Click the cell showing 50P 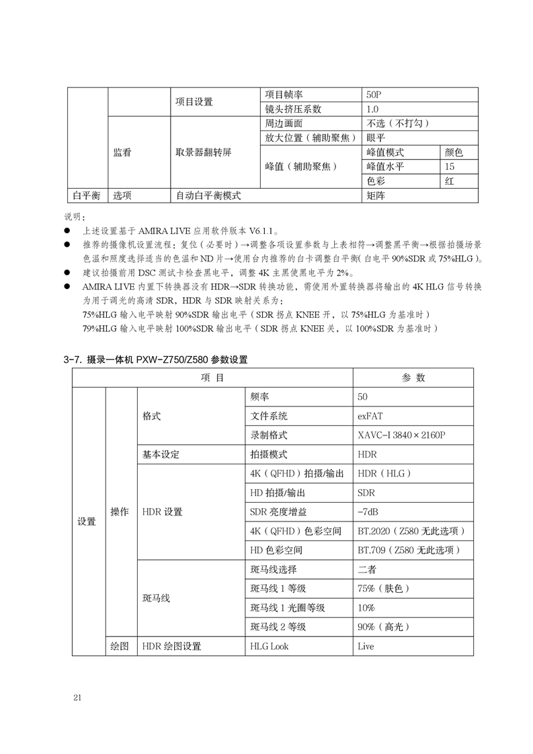click(374, 95)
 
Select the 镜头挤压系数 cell click(293, 109)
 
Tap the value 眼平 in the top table click(376, 138)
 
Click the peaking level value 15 click(450, 167)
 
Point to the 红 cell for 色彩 click(450, 181)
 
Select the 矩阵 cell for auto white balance click(376, 196)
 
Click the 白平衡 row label click(87, 196)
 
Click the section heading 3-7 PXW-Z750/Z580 click(155, 360)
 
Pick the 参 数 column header click(413, 378)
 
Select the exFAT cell click(370, 416)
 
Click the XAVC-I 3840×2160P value click(402, 435)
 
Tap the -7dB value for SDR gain click(368, 511)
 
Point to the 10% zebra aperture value click(366, 608)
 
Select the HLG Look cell click(268, 646)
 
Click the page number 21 click(77, 697)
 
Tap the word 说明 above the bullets click(73, 216)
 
